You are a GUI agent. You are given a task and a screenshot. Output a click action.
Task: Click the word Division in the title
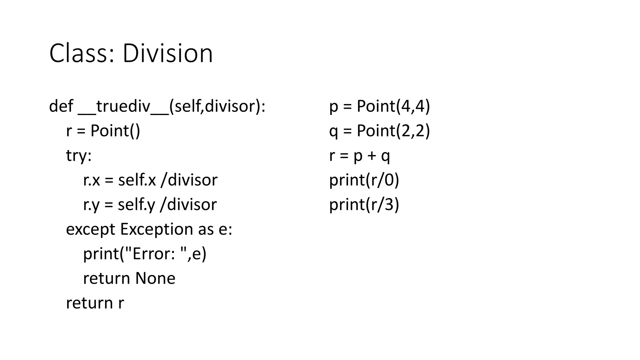click(x=167, y=53)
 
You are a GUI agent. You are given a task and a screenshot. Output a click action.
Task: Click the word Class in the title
click(x=81, y=53)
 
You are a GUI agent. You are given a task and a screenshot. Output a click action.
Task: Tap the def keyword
click(x=61, y=106)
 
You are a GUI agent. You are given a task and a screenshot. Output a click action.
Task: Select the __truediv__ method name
click(x=123, y=107)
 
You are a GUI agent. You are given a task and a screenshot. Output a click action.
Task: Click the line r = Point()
click(x=103, y=131)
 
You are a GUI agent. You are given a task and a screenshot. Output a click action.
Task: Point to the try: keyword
click(x=79, y=155)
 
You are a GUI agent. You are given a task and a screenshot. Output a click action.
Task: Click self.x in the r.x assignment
click(x=137, y=180)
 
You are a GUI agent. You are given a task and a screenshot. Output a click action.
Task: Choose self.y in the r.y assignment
click(x=136, y=205)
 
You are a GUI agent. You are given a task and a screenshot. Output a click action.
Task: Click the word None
click(x=155, y=278)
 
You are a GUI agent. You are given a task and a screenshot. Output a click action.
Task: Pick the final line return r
click(x=95, y=303)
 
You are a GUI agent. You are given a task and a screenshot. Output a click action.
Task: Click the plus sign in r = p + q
click(x=372, y=156)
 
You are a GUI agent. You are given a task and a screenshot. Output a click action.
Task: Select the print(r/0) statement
click(x=364, y=180)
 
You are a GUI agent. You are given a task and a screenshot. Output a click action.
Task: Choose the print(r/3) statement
click(x=364, y=205)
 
